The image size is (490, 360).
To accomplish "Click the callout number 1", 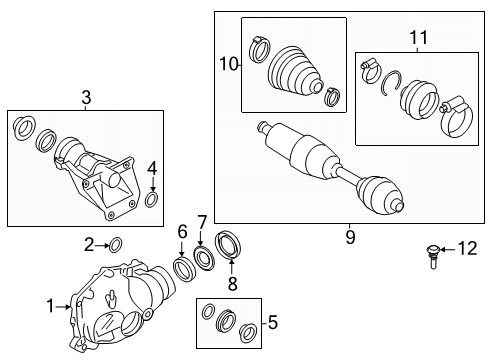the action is coord(50,306).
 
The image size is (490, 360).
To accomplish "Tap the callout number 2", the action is coord(89,246).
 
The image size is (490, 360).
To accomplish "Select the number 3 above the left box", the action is coord(86,98).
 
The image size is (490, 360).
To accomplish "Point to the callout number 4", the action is coord(152,168).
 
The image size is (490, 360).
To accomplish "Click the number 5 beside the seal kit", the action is coord(273,322).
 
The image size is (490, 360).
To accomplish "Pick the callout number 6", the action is coord(182,231).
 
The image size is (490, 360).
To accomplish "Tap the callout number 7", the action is coord(202,222).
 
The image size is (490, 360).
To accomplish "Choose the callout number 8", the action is coord(232,284).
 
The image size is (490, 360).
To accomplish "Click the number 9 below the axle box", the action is coord(350,237).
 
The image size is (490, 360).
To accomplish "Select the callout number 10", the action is coord(228,64).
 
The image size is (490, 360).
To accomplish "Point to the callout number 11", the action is coord(418,38).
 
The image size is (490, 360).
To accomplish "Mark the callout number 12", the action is coord(467,249).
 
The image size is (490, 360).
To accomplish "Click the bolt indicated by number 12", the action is coord(433,257).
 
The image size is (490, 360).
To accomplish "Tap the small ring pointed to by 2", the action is coord(115,245).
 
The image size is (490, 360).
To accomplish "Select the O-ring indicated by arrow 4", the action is coord(151,199).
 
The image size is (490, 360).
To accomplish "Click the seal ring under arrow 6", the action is coord(182,268).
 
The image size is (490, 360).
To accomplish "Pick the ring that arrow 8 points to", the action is coord(228,245).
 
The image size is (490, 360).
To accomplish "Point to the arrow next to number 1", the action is coord(63,307).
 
